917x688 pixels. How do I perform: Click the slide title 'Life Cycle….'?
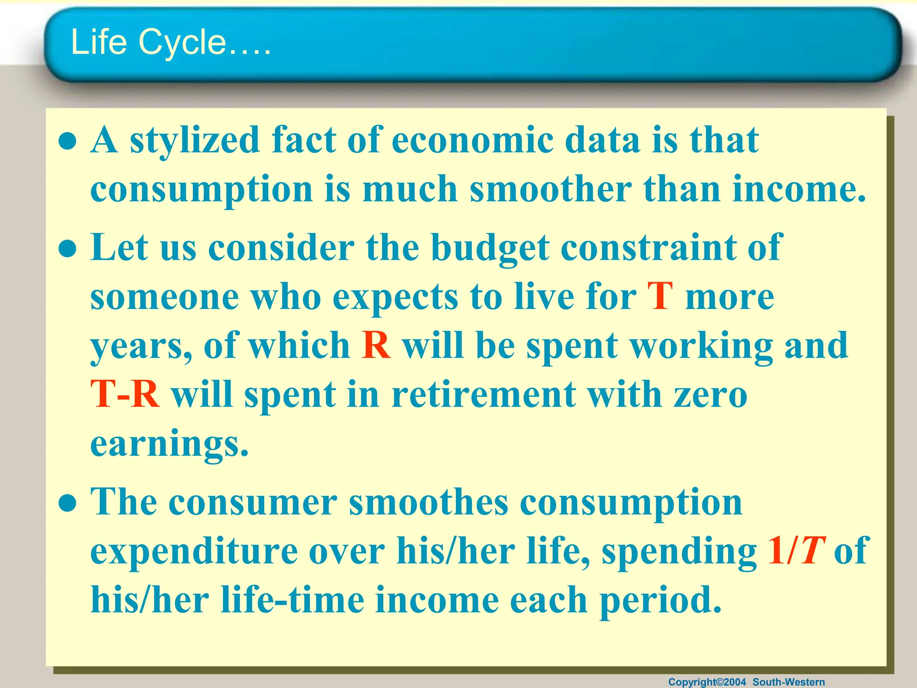[x=171, y=42]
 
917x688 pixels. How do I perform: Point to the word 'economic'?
[x=472, y=141]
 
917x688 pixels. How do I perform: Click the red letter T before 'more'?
[x=660, y=297]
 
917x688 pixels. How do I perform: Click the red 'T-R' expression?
[x=125, y=395]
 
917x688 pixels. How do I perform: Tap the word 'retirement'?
[x=484, y=395]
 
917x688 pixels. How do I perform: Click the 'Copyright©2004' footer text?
[x=707, y=682]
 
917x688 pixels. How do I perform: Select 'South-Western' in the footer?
[x=788, y=682]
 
